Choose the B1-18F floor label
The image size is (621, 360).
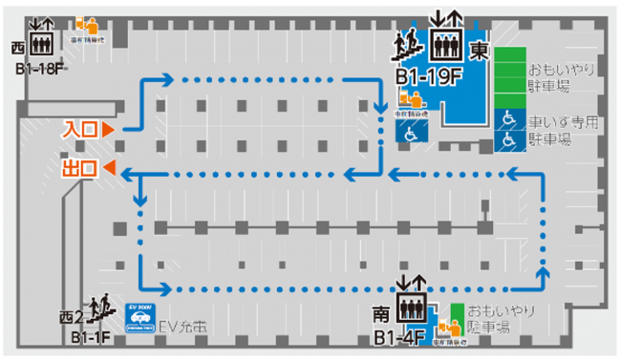pos(39,68)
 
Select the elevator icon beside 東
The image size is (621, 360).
pos(446,40)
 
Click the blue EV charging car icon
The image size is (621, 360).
pos(140,315)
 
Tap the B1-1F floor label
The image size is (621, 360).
pos(91,337)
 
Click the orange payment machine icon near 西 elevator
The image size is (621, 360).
pos(85,23)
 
